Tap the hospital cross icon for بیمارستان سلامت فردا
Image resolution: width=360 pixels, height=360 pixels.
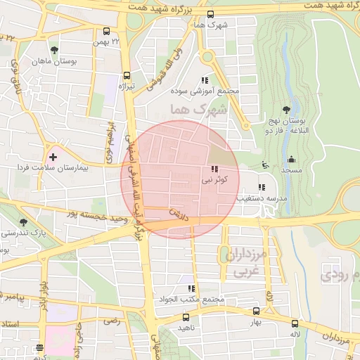point(53,155)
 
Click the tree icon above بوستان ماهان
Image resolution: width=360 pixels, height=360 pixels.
point(54,50)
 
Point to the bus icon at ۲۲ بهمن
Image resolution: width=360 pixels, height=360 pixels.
point(106,32)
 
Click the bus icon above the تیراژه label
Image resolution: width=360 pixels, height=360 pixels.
point(127,75)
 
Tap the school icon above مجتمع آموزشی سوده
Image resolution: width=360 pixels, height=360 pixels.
point(205,81)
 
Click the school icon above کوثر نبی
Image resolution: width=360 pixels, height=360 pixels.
point(214,169)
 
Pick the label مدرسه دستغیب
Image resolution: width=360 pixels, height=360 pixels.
point(263,199)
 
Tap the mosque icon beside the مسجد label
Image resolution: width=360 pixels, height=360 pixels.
point(291,159)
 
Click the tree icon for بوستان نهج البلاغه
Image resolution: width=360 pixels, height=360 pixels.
point(286,109)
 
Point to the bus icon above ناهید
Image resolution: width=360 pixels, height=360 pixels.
point(186,317)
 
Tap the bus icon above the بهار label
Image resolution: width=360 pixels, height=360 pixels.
point(255,311)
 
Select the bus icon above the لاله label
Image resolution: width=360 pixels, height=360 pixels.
point(294,323)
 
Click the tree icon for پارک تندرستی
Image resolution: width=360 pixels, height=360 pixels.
point(25,221)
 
